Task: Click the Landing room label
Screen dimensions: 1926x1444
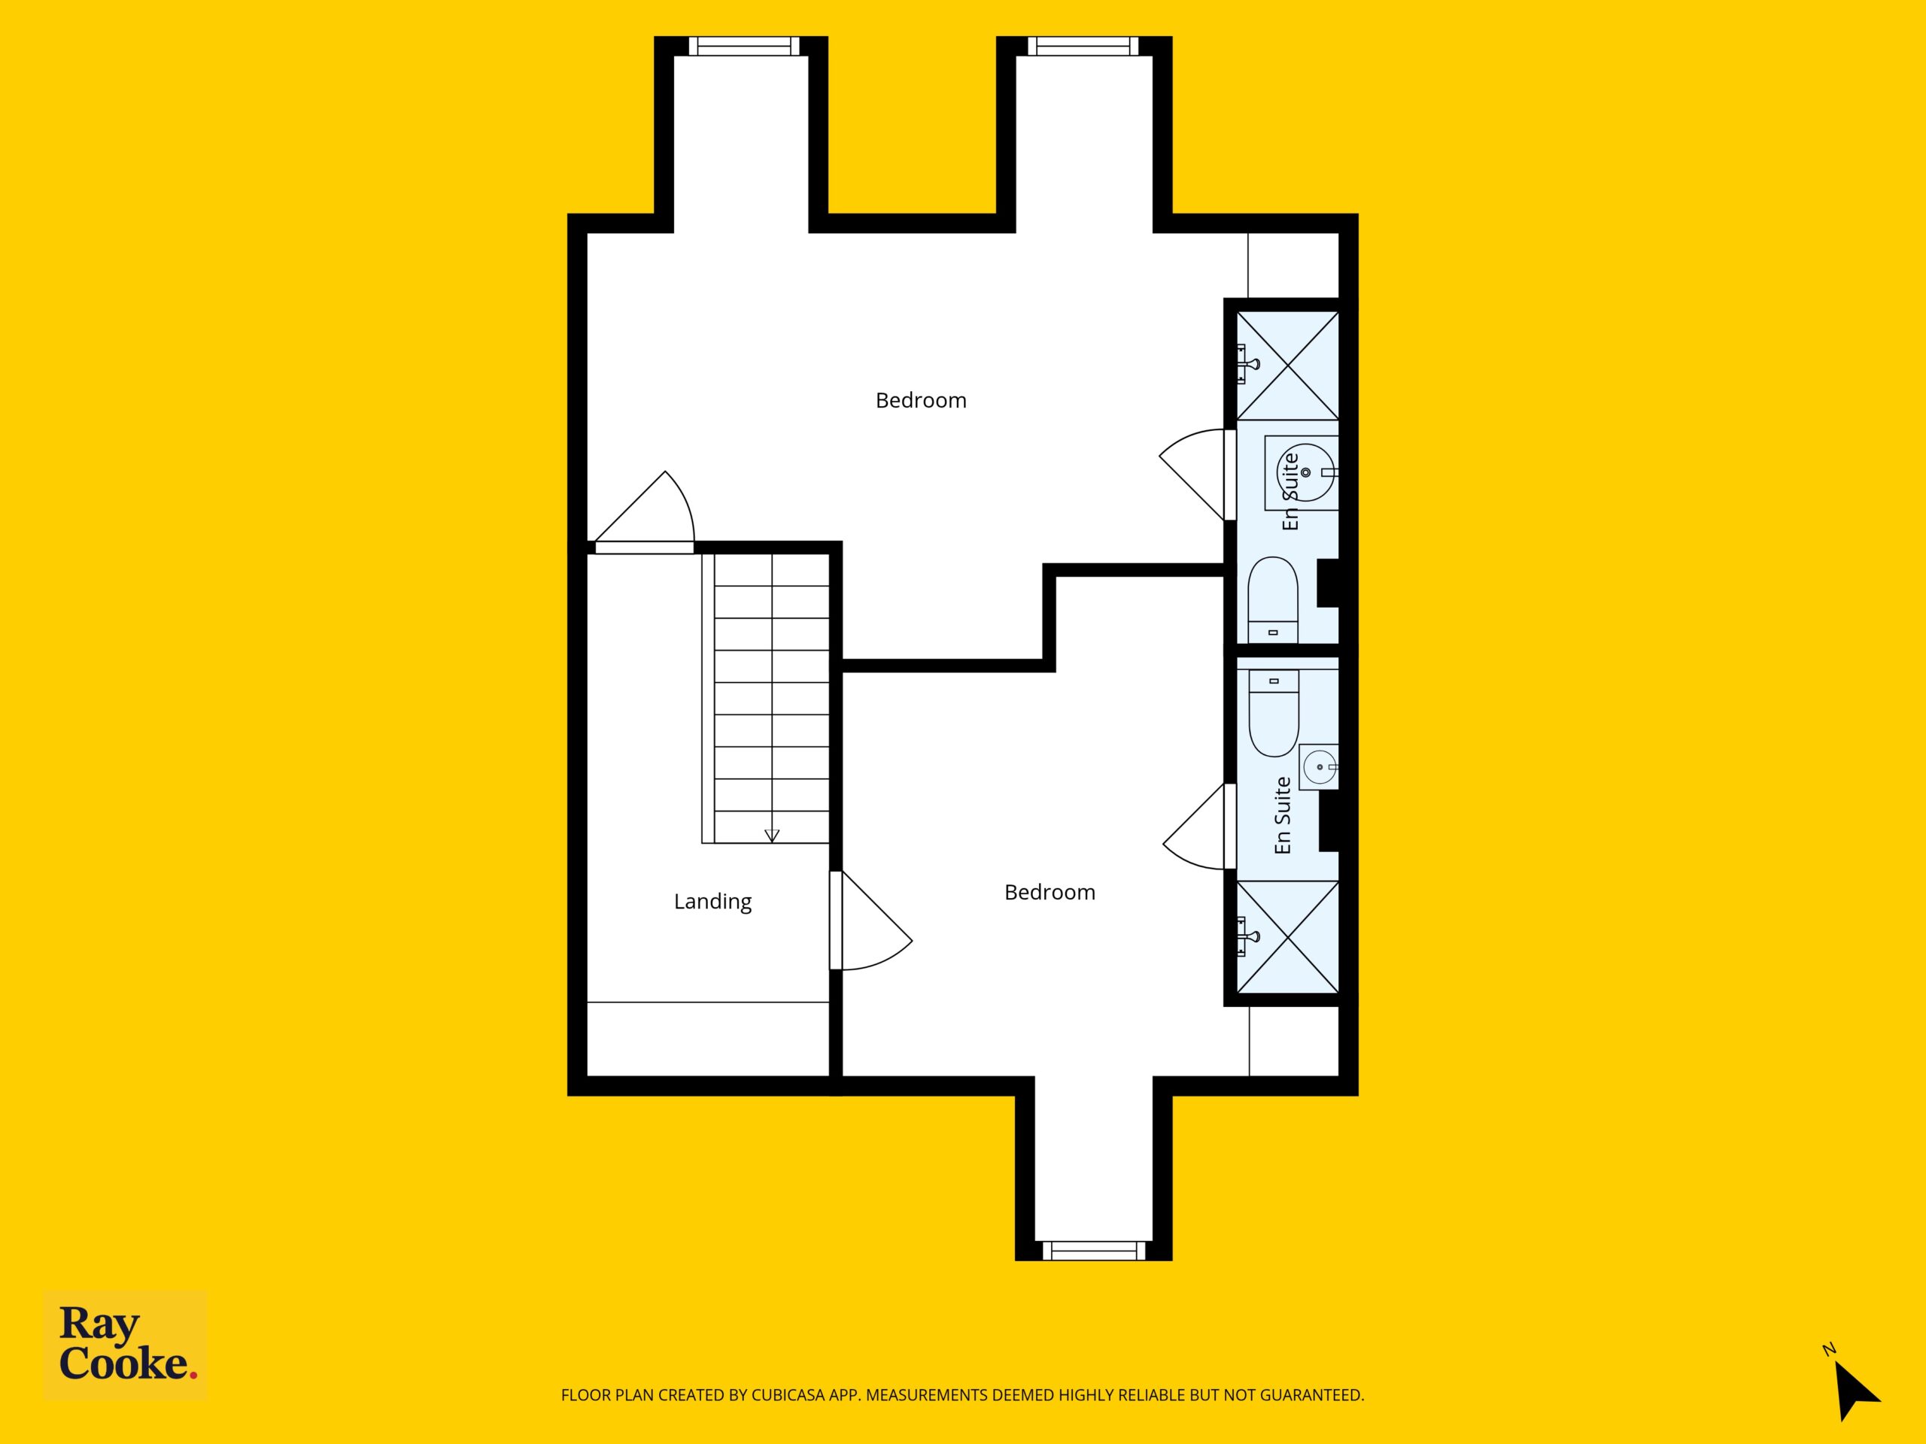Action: click(x=712, y=902)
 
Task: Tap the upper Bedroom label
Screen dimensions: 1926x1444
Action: click(x=920, y=400)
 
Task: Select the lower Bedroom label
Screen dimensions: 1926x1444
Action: click(x=1050, y=892)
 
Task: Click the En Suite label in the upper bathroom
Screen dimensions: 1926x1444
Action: click(x=1290, y=492)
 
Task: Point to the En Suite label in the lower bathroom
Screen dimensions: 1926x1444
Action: click(x=1282, y=815)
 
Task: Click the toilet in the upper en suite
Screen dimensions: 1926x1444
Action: click(x=1273, y=599)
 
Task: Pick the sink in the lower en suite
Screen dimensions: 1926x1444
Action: click(x=1319, y=767)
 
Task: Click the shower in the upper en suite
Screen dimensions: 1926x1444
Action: click(x=1288, y=366)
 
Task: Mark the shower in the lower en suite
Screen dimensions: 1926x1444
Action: click(x=1288, y=936)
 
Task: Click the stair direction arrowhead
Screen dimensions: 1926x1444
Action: click(x=771, y=836)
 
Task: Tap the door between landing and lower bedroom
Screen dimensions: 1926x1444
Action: click(x=870, y=921)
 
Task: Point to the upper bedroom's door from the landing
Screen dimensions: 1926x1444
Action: click(x=644, y=513)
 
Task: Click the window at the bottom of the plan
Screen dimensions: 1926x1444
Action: click(x=1094, y=1251)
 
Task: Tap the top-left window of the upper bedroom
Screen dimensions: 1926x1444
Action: click(x=743, y=46)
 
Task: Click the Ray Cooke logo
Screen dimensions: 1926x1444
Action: click(x=126, y=1345)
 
